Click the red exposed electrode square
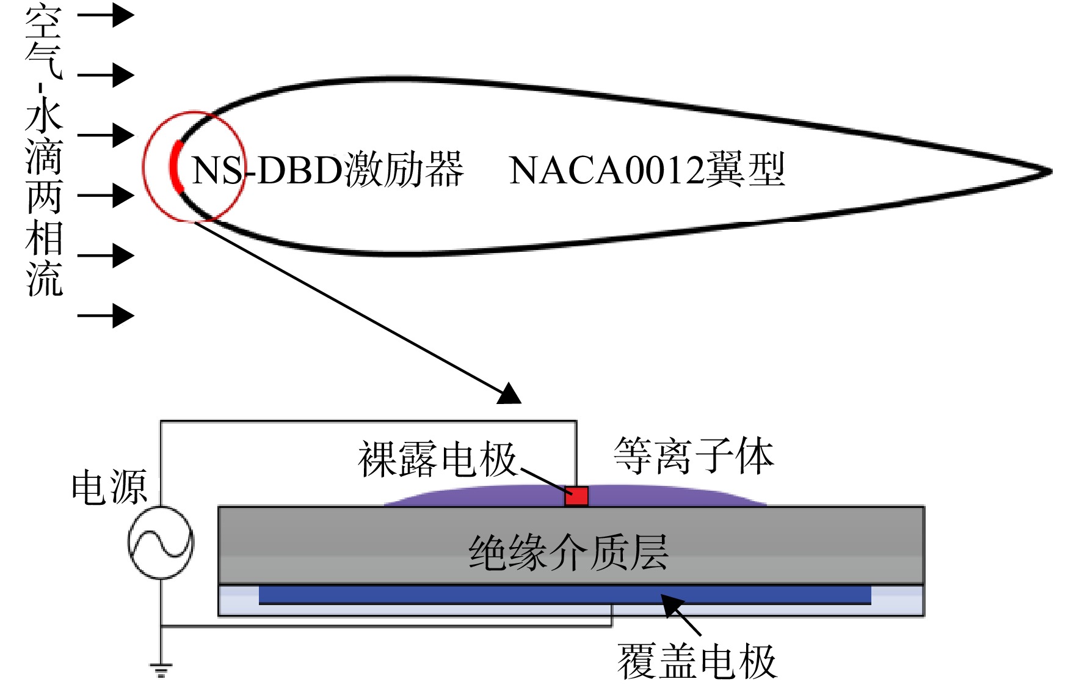coord(576,496)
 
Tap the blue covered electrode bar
coord(565,595)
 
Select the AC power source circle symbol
coord(161,542)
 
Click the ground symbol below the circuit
coord(161,670)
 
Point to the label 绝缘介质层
coord(568,553)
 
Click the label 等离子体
coord(694,456)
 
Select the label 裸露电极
coord(437,459)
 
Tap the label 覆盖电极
coord(697,661)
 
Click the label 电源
coord(109,487)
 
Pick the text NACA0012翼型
coord(647,170)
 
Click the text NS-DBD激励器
coord(328,169)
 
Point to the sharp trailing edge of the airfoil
coord(1051,172)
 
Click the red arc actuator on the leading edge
coord(175,166)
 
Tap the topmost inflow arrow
coord(106,15)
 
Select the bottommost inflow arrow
coord(106,316)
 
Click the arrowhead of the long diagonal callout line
coord(510,394)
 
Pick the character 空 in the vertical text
coord(44,21)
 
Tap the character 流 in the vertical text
coord(44,279)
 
